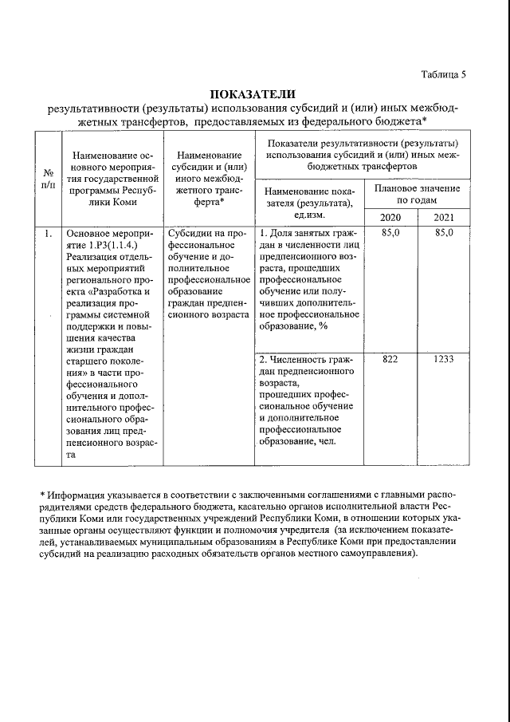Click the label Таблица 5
click(443, 74)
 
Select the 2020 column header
click(390, 218)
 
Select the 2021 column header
click(444, 218)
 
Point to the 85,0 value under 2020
click(390, 233)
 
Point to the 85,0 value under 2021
click(444, 233)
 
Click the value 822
click(390, 359)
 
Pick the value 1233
click(444, 359)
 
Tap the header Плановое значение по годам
click(417, 193)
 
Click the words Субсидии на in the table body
click(196, 233)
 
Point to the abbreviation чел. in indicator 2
click(326, 442)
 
